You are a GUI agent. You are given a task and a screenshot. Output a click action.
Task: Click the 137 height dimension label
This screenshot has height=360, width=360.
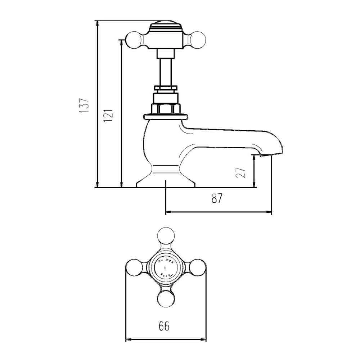84,105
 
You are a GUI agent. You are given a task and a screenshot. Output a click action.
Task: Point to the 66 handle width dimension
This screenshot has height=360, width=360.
163,327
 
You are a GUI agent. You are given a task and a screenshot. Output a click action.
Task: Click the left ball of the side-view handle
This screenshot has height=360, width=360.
132,38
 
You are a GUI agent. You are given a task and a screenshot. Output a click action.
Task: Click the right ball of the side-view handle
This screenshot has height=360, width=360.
199,38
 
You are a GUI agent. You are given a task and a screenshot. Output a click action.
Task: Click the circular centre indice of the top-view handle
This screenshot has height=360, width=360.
166,267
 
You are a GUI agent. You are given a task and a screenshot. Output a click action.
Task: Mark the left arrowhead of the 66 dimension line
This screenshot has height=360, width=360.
127,339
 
